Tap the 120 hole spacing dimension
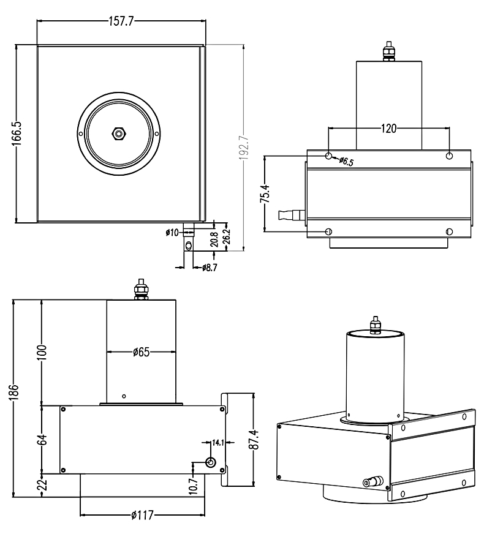[x=389, y=128]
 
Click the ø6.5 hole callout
[x=347, y=162]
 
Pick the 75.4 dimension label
[x=264, y=194]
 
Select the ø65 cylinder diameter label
[x=142, y=352]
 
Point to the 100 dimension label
[x=42, y=352]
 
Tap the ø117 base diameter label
[x=142, y=515]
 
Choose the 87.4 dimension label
[x=253, y=439]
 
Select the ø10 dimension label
[x=172, y=232]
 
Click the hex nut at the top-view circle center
[x=118, y=133]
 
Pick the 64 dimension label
[x=42, y=439]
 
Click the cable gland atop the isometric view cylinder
[x=374, y=325]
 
